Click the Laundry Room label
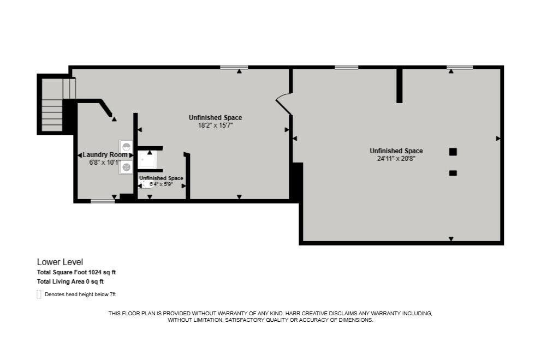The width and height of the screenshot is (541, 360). pos(105,155)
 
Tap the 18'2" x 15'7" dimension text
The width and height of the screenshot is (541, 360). pos(215,125)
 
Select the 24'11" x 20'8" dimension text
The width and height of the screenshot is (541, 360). pos(396,158)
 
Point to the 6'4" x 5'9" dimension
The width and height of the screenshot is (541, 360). pos(162,185)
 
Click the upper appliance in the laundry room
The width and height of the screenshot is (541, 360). pos(126,147)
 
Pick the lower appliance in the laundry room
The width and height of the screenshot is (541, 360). pos(126,167)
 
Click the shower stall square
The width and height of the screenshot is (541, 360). pos(147,160)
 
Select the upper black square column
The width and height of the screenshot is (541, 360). pos(453,152)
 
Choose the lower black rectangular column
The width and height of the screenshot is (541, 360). pos(453,173)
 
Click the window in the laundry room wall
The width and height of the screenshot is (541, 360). pos(103,201)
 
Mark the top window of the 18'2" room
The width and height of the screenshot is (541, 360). pos(234,68)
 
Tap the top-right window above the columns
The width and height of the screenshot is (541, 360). pos(460,68)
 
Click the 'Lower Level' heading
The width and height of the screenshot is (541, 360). pos(60,262)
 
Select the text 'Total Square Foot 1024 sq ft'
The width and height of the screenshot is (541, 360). pos(76,272)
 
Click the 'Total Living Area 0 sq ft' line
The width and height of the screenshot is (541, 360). pos(70,281)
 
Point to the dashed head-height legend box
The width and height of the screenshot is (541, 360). pos(39,295)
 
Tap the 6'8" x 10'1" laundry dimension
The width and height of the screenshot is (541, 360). pos(104,162)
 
